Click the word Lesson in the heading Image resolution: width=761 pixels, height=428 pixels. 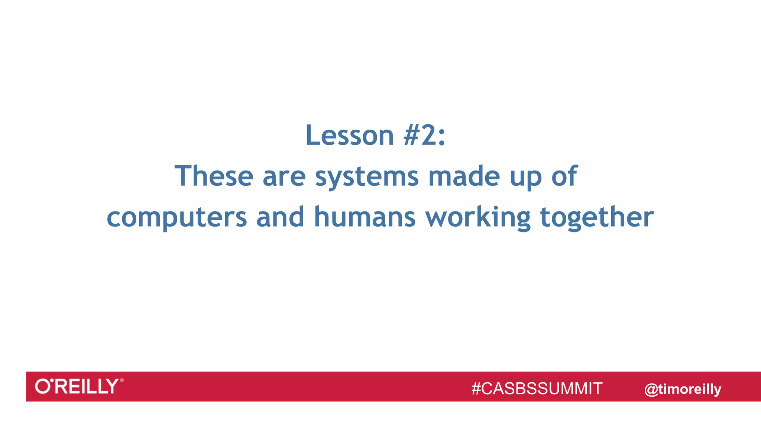click(349, 135)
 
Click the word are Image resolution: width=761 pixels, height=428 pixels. click(284, 176)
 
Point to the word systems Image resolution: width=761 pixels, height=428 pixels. click(367, 177)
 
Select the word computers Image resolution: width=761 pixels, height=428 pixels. click(177, 217)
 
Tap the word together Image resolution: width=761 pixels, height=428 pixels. click(597, 217)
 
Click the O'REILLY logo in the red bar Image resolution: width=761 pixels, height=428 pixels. click(77, 386)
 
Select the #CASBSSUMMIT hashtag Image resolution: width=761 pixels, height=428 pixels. click(537, 389)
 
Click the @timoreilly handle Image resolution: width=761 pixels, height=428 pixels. click(683, 389)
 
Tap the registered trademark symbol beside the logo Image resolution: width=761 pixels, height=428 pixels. click(122, 380)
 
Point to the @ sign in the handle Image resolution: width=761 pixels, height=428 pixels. click(651, 389)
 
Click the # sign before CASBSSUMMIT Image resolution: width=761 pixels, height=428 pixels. click(476, 389)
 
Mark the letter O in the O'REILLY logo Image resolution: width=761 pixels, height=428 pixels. click(42, 386)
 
